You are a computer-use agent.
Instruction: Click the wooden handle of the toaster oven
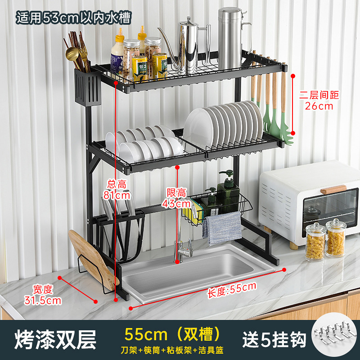point(333,189)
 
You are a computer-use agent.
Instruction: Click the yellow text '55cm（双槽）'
point(174,334)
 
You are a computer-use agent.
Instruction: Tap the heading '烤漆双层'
point(55,340)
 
